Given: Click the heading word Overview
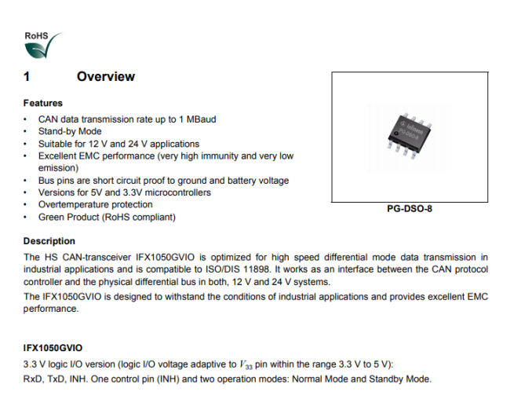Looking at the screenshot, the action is [x=106, y=76].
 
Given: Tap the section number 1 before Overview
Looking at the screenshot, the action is [x=27, y=76].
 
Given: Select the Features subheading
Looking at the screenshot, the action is [x=43, y=103].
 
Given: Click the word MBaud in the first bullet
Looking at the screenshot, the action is [x=202, y=119].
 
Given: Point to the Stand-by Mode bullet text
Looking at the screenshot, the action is [x=70, y=131].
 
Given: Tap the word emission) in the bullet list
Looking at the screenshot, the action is [x=59, y=168].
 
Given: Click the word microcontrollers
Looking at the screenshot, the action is [x=177, y=192].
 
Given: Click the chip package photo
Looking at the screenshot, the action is [x=409, y=136].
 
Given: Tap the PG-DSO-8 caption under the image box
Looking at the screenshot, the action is [x=410, y=209].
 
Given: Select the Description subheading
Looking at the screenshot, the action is [x=49, y=241].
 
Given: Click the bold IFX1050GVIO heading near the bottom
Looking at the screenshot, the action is [x=53, y=348].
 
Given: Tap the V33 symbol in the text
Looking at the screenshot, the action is [x=246, y=364].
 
